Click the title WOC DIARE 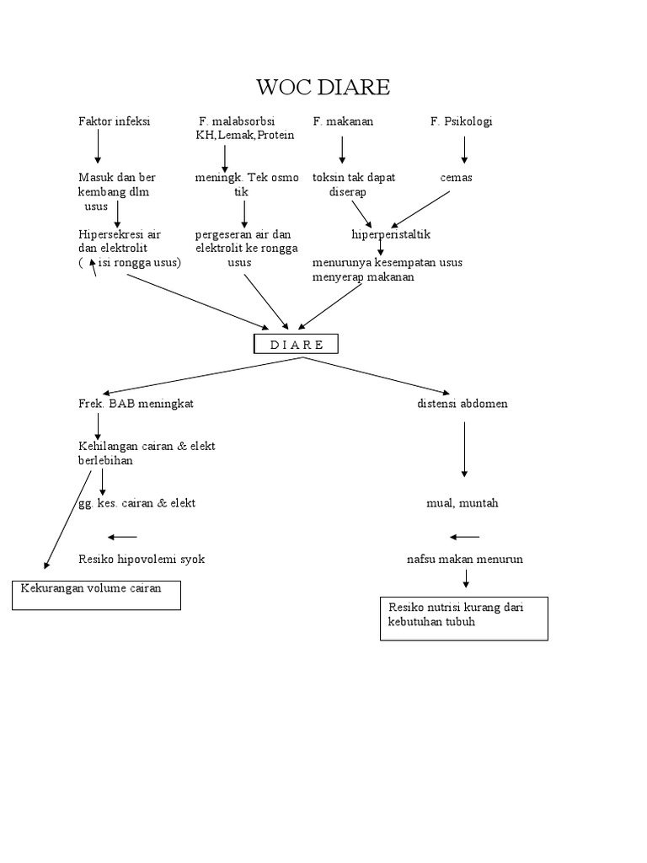(323, 87)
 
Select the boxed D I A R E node (296, 344)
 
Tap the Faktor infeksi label (114, 121)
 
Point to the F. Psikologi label (461, 121)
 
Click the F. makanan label (343, 121)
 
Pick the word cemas (456, 178)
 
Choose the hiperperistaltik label (391, 234)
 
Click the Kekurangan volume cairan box (96, 594)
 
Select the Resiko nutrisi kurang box (463, 618)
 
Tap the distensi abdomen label (463, 404)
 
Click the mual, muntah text (463, 503)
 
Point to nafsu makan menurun (464, 559)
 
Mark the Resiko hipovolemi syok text (141, 559)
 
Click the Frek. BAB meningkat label (136, 404)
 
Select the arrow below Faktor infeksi (98, 147)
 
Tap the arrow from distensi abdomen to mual (464, 450)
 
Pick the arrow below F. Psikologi (464, 149)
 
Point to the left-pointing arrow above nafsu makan (465, 537)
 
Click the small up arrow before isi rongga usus (94, 268)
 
